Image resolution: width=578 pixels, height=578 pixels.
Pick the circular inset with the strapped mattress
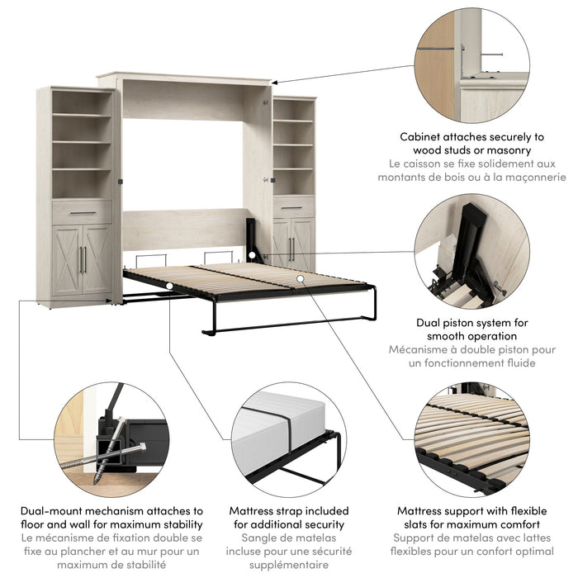click(x=288, y=438)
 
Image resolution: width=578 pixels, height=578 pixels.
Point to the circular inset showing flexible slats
click(x=471, y=438)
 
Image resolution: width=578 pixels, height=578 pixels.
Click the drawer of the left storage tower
click(x=82, y=213)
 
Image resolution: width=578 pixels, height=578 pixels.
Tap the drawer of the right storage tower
click(x=293, y=206)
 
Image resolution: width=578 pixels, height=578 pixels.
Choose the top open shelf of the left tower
click(x=81, y=102)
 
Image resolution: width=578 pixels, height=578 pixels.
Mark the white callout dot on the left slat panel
click(x=168, y=285)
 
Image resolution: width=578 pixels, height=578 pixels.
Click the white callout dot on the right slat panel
click(x=300, y=279)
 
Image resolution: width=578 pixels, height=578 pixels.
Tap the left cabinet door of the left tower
click(x=68, y=259)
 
